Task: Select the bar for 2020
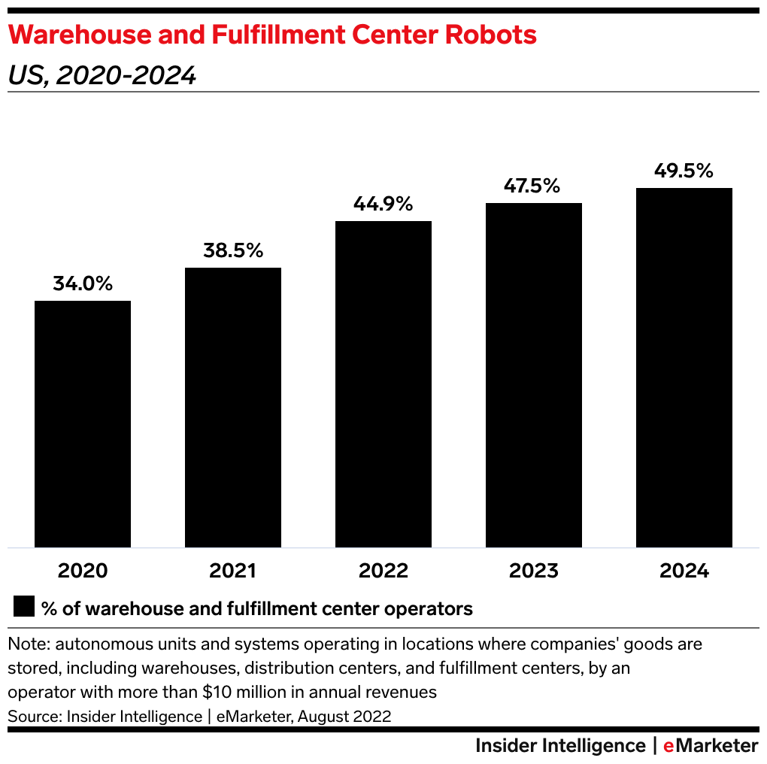coord(83,423)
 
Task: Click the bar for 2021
coord(233,407)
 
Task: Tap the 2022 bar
coord(383,384)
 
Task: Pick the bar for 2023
coord(534,374)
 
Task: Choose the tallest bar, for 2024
coord(684,367)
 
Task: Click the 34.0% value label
coord(83,284)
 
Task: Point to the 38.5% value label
coord(233,251)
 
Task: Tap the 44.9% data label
coord(383,204)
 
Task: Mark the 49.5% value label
coord(684,171)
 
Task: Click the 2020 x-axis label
coord(83,571)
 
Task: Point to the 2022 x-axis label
coord(383,571)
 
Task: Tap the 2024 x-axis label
coord(684,571)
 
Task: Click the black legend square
coord(24,608)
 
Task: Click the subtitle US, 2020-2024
coord(102,75)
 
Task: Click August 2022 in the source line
coord(344,716)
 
